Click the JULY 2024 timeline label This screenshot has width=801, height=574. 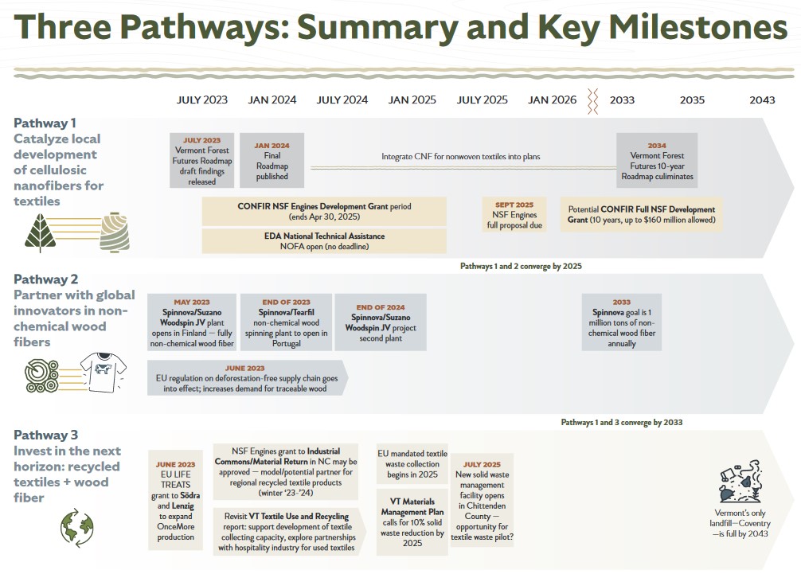(342, 100)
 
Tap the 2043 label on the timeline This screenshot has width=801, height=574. (762, 100)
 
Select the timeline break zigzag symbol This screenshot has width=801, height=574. (592, 100)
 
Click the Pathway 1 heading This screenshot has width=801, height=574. (45, 123)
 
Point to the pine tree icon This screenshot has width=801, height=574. (41, 233)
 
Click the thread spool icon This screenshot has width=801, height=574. (115, 232)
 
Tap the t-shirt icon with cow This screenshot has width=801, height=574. (104, 372)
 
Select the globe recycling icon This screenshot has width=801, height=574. (76, 528)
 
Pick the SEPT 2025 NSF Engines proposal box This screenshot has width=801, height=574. (514, 215)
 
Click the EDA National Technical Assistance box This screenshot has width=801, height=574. (324, 241)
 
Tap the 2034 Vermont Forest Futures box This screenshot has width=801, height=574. (657, 160)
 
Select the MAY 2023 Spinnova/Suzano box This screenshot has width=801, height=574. (192, 322)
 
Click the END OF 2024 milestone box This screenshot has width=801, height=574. (381, 322)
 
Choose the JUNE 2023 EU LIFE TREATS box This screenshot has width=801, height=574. (175, 500)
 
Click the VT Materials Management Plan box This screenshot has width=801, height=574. (412, 522)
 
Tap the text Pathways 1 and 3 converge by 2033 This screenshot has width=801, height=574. (622, 422)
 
